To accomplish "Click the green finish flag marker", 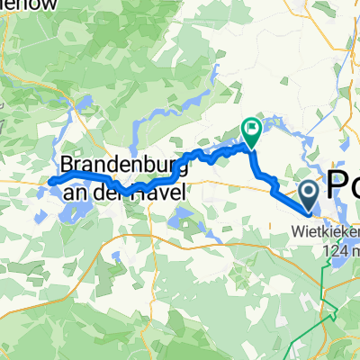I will (x=250, y=132).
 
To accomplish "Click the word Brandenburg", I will (x=124, y=166).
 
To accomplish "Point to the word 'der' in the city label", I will (x=105, y=188).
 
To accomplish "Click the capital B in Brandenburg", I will (x=68, y=166).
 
